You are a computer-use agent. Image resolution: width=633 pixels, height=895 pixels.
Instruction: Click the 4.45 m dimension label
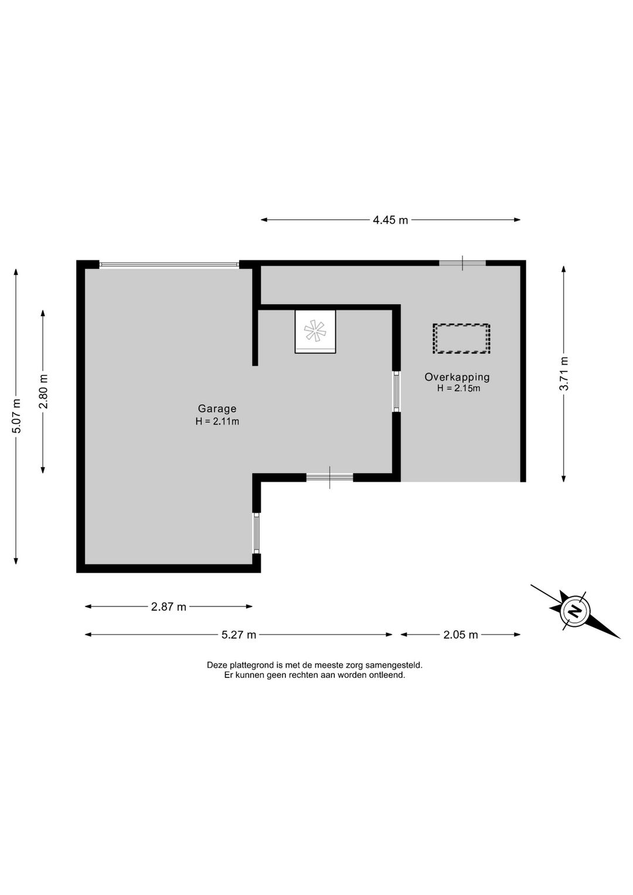pos(390,220)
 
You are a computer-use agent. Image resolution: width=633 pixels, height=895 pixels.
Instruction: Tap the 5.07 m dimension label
pos(16,416)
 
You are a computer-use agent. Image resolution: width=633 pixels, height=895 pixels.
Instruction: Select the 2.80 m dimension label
pos(43,391)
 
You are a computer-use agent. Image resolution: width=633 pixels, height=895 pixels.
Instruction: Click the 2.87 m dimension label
pos(169,607)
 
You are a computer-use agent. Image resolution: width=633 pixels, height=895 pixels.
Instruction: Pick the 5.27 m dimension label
pos(239,635)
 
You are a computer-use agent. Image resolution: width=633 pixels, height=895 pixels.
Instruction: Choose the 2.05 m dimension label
pos(461,635)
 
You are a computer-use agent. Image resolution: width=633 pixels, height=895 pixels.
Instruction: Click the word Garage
pos(217,409)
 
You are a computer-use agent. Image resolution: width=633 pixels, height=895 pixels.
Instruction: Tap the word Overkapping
pos(457,377)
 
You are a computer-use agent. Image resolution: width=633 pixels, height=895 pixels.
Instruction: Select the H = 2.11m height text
pos(217,421)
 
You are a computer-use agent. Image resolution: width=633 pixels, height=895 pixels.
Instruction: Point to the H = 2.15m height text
pos(458,388)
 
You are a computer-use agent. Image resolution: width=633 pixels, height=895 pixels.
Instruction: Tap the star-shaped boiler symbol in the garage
pos(315,331)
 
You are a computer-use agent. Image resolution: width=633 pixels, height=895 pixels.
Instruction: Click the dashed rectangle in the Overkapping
pos(461,338)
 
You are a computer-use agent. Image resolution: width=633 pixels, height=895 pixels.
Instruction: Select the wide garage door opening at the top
pos(169,264)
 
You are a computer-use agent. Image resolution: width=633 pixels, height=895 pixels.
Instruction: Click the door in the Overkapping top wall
pos(462,263)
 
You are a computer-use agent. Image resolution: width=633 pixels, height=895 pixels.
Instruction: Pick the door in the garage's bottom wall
pos(329,477)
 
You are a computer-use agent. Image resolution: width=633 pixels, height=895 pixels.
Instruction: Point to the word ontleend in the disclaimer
pos(389,675)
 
